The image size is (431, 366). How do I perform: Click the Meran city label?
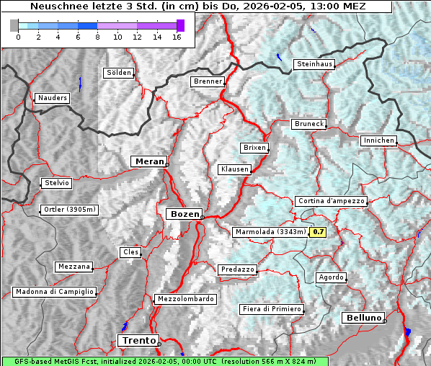tap(148, 161)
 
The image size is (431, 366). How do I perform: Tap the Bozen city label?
tap(183, 214)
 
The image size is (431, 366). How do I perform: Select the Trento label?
tap(137, 340)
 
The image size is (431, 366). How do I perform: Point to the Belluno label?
tap(363, 318)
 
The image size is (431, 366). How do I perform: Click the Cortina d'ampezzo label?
tap(331, 201)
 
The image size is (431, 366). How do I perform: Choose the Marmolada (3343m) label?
tap(270, 232)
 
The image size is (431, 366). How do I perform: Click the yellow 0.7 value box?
tap(318, 232)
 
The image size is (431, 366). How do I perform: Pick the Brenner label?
tap(208, 82)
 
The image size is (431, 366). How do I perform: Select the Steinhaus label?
tap(315, 64)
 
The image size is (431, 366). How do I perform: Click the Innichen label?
tap(378, 140)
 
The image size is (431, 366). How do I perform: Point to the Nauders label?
tap(52, 98)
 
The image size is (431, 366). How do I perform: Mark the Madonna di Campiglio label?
tap(54, 292)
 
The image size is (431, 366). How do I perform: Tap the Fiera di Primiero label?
tap(271, 309)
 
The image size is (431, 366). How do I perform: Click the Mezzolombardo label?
tap(185, 299)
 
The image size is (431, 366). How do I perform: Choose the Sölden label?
tap(119, 73)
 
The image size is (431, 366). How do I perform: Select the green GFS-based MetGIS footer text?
tap(164, 361)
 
